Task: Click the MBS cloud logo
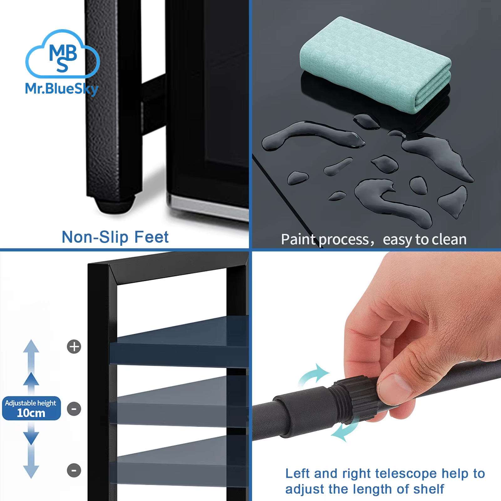[x=63, y=54]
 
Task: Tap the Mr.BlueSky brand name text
[x=62, y=89]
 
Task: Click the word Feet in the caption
[x=152, y=237]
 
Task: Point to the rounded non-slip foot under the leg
[x=114, y=205]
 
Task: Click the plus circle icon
[x=74, y=347]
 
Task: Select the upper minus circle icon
[x=74, y=409]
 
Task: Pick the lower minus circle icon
[x=74, y=470]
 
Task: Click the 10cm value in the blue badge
[x=31, y=413]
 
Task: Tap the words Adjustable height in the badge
[x=30, y=403]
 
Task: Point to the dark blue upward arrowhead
[x=31, y=379]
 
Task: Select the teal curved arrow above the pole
[x=313, y=376]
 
